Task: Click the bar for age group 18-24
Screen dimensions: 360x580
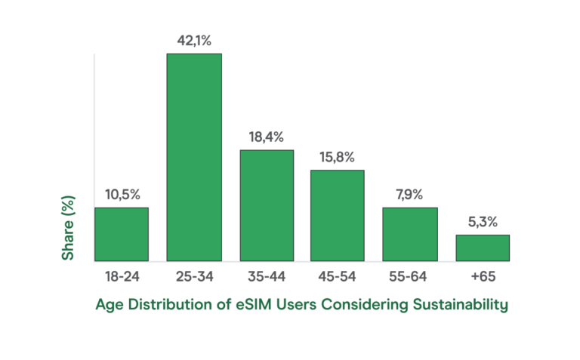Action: pos(121,234)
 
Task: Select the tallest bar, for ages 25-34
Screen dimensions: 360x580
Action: pos(194,157)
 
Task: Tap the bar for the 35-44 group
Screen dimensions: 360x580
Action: pos(267,205)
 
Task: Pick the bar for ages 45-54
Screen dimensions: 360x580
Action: pos(338,215)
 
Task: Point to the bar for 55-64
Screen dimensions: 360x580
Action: pos(409,234)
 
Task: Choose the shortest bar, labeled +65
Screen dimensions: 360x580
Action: pos(482,248)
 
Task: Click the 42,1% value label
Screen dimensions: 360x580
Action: pos(194,40)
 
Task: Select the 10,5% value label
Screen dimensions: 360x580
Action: pos(122,194)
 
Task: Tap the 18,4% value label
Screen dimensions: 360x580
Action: pos(267,137)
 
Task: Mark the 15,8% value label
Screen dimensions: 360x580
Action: pos(338,157)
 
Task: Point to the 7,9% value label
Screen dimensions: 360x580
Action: pos(409,194)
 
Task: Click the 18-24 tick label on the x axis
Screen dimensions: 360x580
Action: pos(122,277)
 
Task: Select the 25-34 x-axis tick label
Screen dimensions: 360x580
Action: pos(194,277)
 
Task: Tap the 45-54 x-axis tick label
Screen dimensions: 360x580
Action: pos(338,277)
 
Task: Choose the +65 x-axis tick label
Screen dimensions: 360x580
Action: pos(482,277)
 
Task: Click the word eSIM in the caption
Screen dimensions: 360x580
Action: pos(258,305)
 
